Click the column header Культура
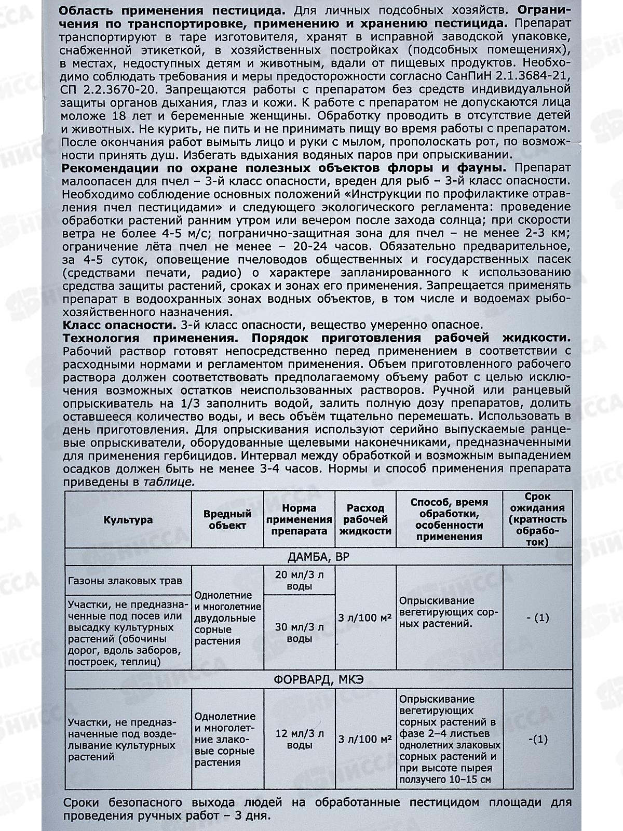128,519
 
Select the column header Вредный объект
227,519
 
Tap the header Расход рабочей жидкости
365,519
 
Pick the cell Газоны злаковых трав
125,580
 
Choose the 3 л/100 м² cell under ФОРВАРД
365,740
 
